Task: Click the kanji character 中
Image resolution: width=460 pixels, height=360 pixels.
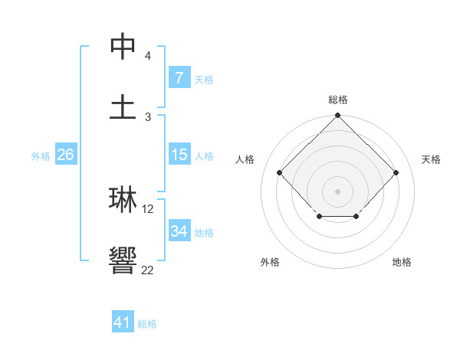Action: point(123,47)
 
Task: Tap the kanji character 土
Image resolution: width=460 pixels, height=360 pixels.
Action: point(123,106)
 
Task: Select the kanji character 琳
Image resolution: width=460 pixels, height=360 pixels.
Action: point(123,199)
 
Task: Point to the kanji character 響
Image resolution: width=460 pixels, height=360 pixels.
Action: point(123,261)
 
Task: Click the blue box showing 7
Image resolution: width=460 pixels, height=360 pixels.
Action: point(179,77)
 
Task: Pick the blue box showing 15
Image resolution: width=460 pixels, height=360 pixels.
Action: point(179,155)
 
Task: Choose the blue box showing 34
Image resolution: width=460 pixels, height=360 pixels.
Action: point(179,231)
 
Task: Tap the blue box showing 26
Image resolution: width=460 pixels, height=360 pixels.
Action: point(65,155)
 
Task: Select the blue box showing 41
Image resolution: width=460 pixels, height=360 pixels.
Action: point(123,322)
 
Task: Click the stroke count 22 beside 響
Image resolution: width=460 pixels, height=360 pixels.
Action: point(148,270)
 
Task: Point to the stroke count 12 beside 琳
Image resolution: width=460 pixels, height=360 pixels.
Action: point(149,208)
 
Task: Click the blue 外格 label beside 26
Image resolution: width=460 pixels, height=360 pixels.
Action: point(41,155)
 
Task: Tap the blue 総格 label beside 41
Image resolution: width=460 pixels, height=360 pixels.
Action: point(147,323)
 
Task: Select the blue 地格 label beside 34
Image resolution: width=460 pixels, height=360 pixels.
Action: point(204,232)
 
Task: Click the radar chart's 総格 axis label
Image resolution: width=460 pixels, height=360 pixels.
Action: point(337,100)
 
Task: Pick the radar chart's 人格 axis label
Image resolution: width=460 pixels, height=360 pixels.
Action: point(245,159)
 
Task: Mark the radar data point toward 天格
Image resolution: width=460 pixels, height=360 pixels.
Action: point(396,172)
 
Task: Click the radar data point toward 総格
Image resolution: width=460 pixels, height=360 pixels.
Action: point(337,116)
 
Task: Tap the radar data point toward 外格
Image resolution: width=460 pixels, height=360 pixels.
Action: point(319,217)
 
